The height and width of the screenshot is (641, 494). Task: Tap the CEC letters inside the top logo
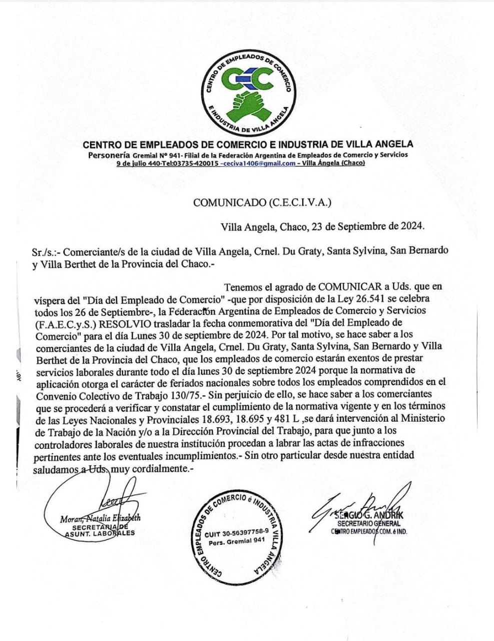coord(249,78)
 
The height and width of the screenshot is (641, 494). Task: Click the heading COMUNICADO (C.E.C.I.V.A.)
coord(262,203)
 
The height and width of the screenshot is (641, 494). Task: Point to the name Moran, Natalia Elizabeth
coord(100,518)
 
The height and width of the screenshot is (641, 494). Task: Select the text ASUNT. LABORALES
coord(100,533)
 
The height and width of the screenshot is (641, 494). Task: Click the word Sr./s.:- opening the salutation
coord(46,251)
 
